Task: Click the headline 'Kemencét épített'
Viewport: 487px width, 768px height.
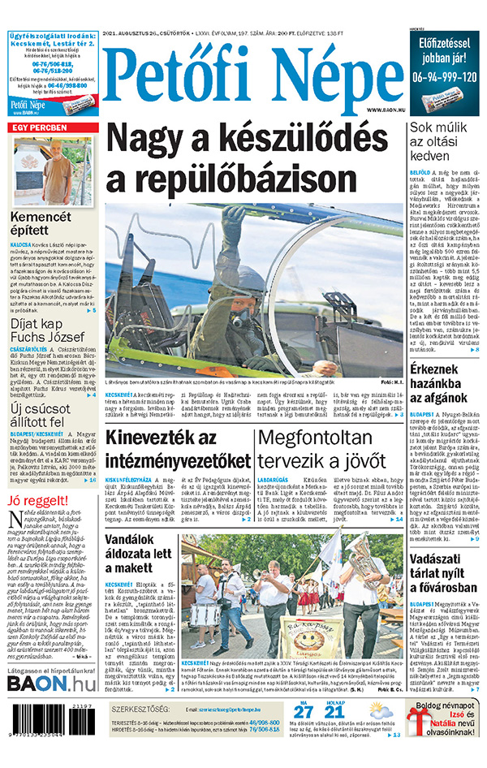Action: pyautogui.click(x=41, y=224)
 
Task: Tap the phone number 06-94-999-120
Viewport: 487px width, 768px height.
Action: pyautogui.click(x=442, y=76)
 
